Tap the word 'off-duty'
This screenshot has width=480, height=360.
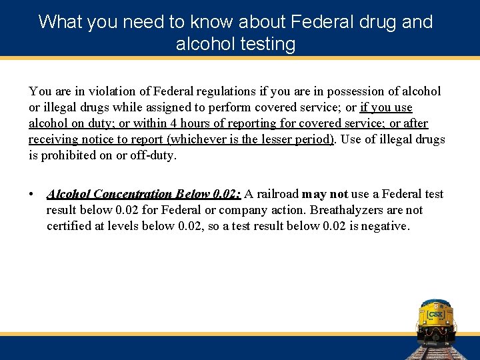pyautogui.click(x=156, y=155)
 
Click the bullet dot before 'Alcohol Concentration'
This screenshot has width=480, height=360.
pyautogui.click(x=31, y=195)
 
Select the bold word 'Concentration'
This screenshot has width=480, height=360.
pyautogui.click(x=133, y=194)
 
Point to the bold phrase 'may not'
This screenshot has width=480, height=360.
pyautogui.click(x=325, y=194)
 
